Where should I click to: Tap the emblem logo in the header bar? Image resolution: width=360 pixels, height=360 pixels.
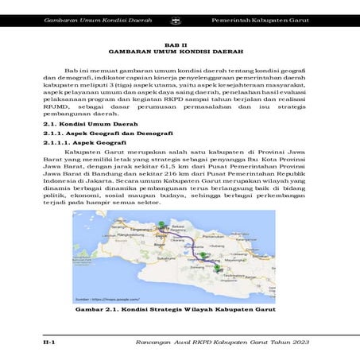(x=184, y=17)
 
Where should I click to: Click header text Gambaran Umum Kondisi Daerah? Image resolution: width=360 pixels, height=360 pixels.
(x=96, y=17)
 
